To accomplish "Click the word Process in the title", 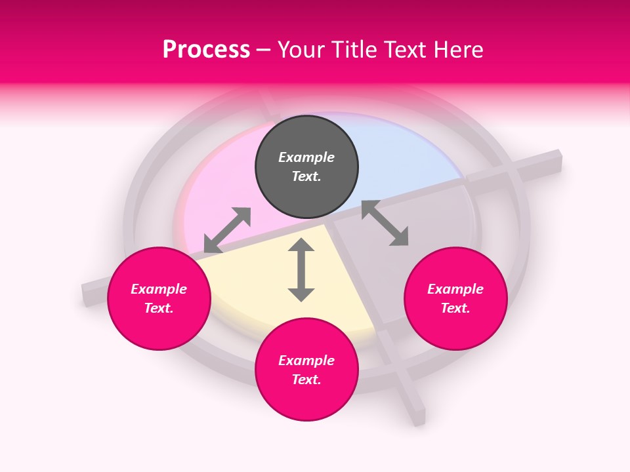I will click(206, 50).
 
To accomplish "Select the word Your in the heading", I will click(299, 50).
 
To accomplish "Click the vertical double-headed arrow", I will click(301, 270).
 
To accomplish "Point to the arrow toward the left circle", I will click(227, 230).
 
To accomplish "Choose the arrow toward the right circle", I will click(385, 223).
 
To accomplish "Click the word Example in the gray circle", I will click(306, 157).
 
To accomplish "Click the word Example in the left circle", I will click(159, 289).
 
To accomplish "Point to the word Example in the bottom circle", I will click(306, 361).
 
